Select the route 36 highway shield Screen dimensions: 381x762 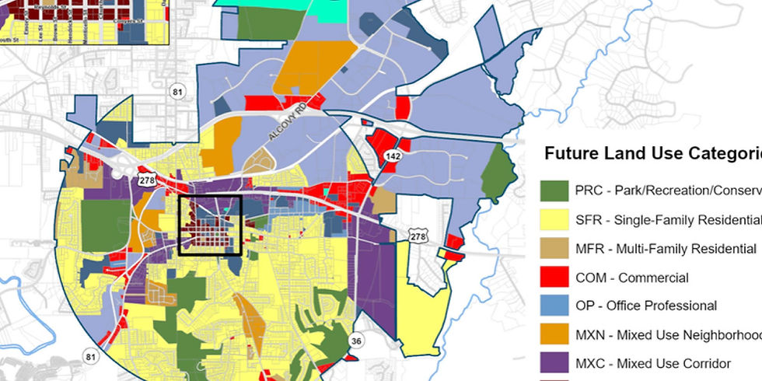point(356,341)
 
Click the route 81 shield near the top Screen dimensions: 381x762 point(178,93)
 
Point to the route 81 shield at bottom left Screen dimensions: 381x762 point(91,357)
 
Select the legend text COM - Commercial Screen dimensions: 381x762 point(632,278)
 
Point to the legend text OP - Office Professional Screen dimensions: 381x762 point(646,306)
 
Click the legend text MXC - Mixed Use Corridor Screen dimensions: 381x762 point(653,364)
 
